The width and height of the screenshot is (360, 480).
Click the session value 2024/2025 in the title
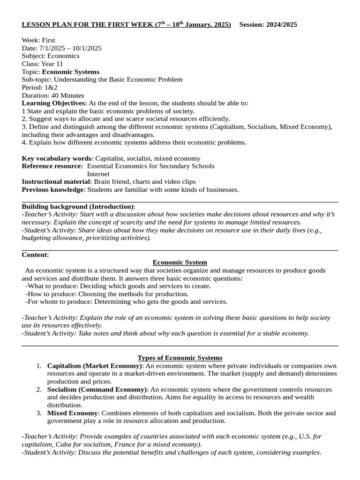(280, 24)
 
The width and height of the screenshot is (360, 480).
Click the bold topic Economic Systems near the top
(71, 72)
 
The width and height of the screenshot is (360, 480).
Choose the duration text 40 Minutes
(66, 95)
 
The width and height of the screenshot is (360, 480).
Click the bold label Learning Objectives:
(54, 103)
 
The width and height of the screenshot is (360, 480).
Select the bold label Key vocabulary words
(56, 158)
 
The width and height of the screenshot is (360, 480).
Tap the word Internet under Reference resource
(98, 174)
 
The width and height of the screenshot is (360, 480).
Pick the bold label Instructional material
(56, 182)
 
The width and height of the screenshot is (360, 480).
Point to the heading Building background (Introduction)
(78, 206)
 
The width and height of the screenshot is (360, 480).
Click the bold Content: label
(35, 255)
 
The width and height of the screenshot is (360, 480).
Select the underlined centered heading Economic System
(180, 262)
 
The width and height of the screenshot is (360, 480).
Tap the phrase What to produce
(52, 286)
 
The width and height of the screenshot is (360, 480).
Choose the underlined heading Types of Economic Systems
(180, 358)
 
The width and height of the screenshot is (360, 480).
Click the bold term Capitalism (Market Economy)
(95, 366)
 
